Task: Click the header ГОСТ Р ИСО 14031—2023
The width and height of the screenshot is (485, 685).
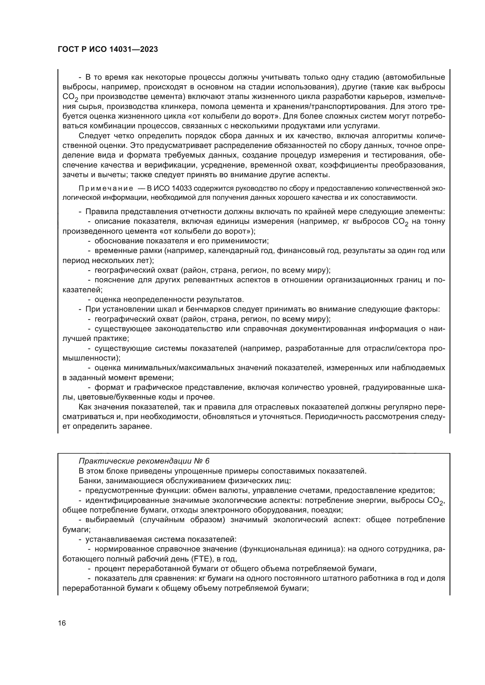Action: click(x=108, y=49)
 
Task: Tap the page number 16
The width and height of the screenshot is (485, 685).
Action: click(x=62, y=623)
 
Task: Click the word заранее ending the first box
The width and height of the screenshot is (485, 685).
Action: click(x=136, y=427)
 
